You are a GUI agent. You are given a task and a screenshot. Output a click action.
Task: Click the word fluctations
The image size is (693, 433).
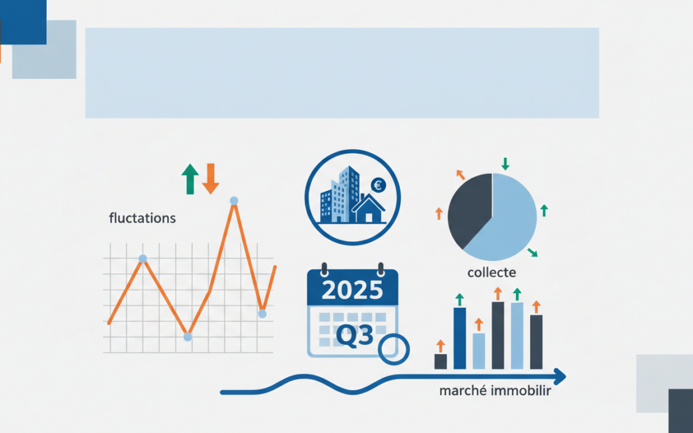click(142, 218)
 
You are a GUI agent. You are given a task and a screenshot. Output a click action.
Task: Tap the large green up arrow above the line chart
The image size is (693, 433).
click(190, 179)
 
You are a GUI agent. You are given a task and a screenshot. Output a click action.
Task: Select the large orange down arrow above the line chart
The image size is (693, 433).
click(210, 179)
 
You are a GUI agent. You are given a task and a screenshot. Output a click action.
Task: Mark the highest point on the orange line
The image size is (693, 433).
click(234, 201)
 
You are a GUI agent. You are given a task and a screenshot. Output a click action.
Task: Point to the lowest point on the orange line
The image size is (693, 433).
click(187, 336)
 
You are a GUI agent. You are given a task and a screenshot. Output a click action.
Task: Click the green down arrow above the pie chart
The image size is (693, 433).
click(505, 164)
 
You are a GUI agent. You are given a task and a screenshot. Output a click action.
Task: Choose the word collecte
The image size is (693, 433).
click(492, 273)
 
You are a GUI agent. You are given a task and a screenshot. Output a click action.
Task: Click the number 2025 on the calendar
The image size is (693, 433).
click(352, 291)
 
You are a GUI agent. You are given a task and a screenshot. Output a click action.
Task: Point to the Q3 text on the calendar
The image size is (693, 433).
click(355, 334)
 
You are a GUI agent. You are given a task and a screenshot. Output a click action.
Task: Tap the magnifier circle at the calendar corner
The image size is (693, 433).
click(393, 349)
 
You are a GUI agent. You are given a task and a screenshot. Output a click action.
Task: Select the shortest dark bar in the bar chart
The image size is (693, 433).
click(440, 361)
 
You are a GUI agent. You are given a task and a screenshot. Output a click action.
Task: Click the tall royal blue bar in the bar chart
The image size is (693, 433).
click(459, 338)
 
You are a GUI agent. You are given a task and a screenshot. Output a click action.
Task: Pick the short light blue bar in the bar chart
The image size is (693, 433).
click(479, 351)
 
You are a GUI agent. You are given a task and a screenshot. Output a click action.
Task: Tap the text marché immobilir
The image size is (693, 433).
click(495, 391)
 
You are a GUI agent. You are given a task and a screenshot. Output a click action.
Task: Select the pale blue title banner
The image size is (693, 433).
click(342, 72)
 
